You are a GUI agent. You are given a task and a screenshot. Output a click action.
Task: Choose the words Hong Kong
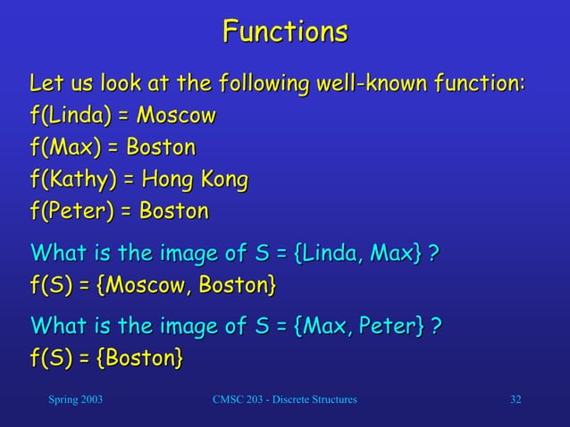195,180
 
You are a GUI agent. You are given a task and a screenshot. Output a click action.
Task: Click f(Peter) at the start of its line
71,212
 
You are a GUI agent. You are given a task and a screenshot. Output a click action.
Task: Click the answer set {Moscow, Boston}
187,286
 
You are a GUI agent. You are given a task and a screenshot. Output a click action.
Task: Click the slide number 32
516,398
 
